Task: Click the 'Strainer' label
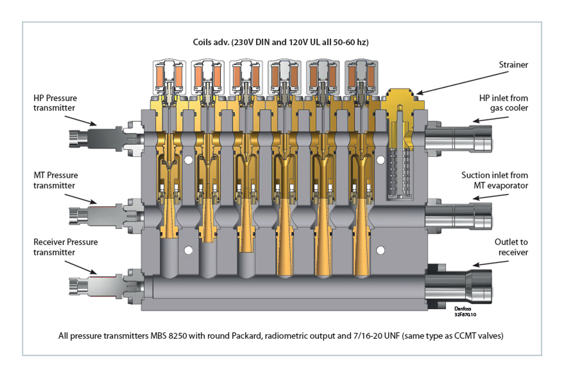click(512, 65)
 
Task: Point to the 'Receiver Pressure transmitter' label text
click(66, 247)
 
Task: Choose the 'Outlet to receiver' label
click(511, 247)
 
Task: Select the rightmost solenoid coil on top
click(362, 76)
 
